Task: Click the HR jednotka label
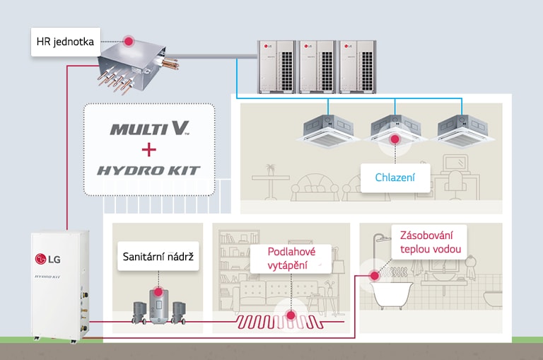click(x=65, y=42)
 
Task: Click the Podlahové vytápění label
click(x=291, y=258)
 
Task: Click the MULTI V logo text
click(x=149, y=129)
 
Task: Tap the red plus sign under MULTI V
click(x=148, y=150)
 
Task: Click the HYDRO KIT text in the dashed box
click(x=149, y=170)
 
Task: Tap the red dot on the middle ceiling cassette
click(x=395, y=140)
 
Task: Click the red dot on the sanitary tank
click(x=158, y=291)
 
